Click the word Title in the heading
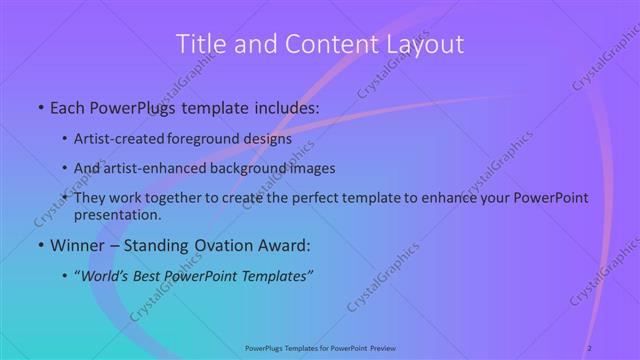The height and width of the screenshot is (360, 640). point(198,44)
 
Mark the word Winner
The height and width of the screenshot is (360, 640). point(76,244)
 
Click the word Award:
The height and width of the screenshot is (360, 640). point(285,244)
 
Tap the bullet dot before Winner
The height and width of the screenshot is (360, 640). point(39,245)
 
